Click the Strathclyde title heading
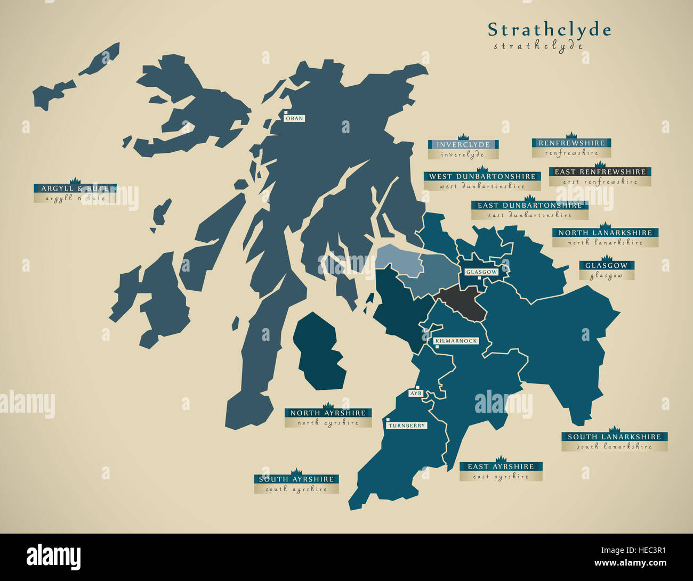pos(549,30)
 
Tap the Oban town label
pos(294,118)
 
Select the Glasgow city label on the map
pos(481,272)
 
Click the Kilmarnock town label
pos(456,341)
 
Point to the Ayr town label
pos(416,394)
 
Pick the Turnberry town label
pos(407,425)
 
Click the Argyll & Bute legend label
pos(75,189)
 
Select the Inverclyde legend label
pos(463,145)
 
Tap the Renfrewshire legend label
pos(571,143)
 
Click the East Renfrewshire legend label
pos(600,172)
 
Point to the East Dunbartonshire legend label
pos(530,205)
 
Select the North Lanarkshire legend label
pos(605,233)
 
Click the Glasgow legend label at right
pos(606,266)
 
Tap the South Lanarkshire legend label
pos(614,437)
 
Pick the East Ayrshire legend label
pos(501,467)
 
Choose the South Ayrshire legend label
pos(296,479)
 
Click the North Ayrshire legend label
pos(328,413)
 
